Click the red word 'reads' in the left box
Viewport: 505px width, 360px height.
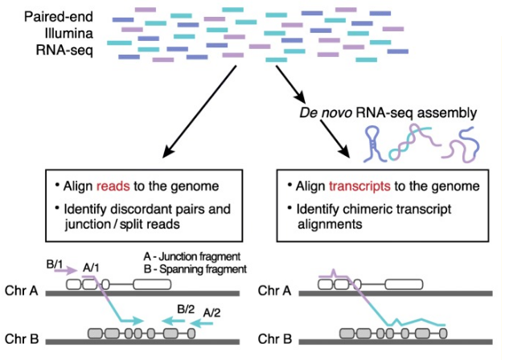click(110, 186)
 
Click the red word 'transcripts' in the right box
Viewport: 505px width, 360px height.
click(354, 186)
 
